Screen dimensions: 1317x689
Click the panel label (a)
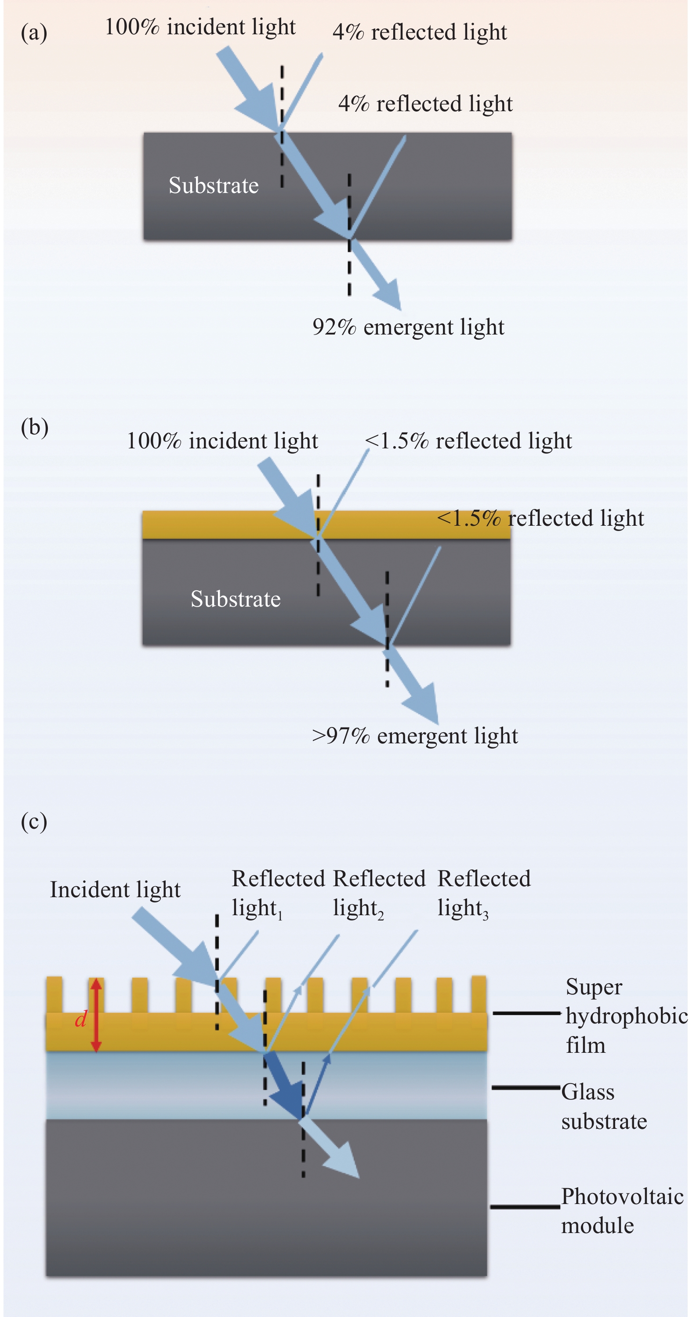(34, 33)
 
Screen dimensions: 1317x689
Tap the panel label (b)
(34, 427)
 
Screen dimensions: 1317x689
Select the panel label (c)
(34, 822)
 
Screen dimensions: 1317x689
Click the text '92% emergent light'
(408, 327)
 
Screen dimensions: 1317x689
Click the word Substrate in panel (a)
(213, 185)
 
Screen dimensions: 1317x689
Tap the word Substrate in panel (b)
(235, 599)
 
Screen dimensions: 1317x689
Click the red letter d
(80, 1019)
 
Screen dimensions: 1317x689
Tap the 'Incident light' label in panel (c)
(115, 890)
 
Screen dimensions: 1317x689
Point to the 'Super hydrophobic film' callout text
(626, 1016)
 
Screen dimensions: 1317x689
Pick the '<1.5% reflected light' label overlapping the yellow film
(540, 518)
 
